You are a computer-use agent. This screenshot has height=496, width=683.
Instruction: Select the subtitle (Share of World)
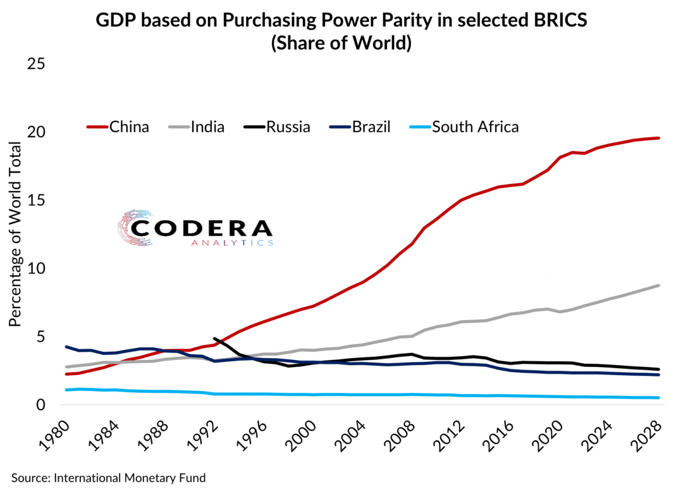click(x=341, y=44)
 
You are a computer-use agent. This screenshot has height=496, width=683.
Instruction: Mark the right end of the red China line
click(x=658, y=138)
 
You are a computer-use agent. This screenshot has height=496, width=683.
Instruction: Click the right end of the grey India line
click(x=658, y=285)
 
